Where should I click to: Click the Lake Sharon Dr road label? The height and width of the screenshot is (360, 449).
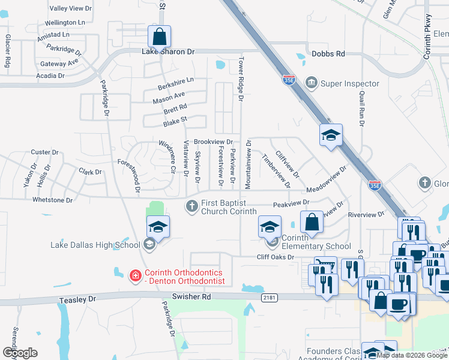[169, 52]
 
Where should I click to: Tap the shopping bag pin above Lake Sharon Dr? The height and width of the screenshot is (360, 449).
[160, 37]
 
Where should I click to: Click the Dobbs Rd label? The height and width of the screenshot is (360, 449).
[328, 54]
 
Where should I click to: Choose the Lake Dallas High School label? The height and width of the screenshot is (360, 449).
[95, 244]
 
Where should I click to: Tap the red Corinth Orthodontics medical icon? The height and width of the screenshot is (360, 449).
[136, 276]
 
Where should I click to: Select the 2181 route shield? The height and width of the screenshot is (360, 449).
[267, 297]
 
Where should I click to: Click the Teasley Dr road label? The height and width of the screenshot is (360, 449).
[77, 299]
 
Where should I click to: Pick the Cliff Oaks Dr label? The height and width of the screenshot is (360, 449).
[275, 257]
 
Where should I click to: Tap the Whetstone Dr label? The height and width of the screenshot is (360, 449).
[52, 200]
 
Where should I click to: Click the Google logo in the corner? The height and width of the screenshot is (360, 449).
[20, 353]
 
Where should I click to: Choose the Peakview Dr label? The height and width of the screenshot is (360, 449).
[290, 204]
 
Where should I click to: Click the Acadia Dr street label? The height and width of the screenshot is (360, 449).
[50, 76]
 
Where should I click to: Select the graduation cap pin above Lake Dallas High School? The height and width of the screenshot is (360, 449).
[158, 227]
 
